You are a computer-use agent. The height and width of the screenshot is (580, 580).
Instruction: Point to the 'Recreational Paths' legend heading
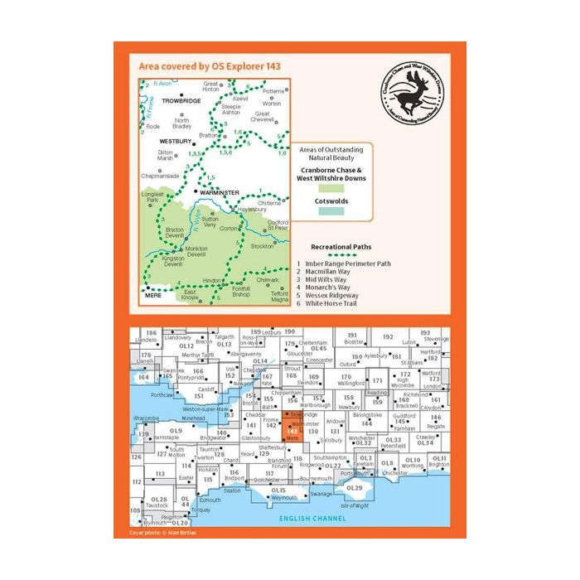[341, 246]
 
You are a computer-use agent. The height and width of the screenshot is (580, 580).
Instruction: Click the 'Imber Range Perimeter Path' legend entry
[352, 264]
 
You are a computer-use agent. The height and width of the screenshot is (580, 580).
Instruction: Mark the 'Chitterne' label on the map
[269, 202]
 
